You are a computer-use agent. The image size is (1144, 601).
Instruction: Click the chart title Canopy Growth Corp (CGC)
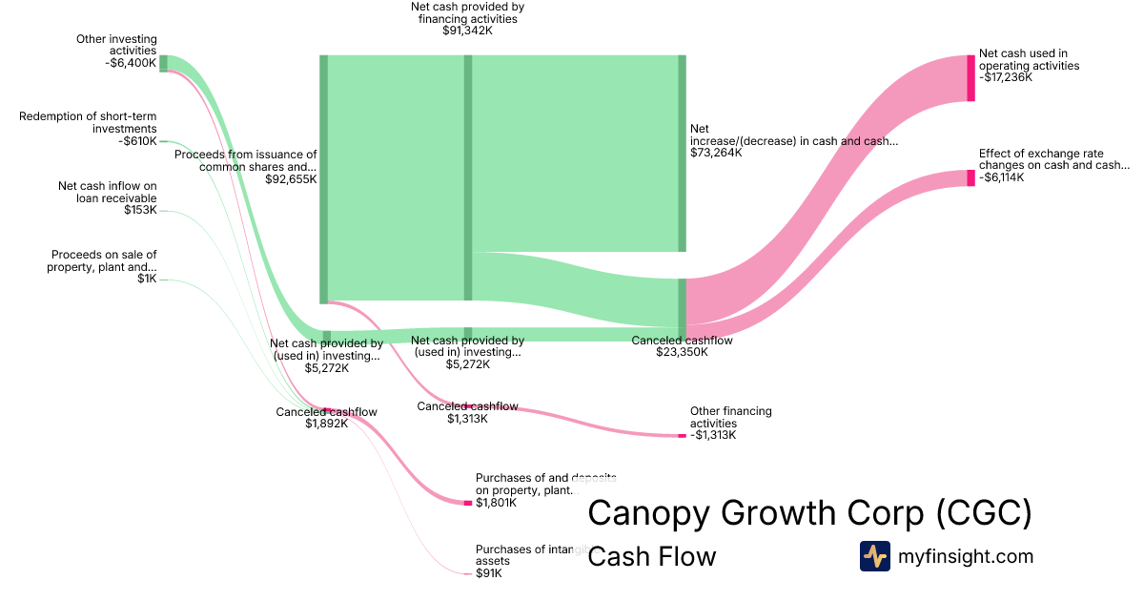809,513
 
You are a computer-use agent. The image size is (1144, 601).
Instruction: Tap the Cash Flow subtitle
651,556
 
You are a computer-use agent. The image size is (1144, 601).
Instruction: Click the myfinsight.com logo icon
874,556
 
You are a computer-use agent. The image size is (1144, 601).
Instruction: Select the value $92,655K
292,178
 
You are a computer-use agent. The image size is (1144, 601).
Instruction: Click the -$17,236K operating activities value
1005,77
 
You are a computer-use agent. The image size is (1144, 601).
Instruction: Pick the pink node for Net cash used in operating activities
970,78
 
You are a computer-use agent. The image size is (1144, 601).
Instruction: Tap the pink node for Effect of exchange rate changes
970,178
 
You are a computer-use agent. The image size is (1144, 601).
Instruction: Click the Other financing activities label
731,417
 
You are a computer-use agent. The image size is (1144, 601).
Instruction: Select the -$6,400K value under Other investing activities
131,63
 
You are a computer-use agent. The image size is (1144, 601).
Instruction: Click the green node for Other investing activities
163,63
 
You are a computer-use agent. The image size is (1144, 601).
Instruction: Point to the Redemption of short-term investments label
88,122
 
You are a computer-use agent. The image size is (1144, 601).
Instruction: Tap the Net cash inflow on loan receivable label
107,192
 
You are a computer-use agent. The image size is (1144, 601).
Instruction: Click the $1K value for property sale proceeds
146,280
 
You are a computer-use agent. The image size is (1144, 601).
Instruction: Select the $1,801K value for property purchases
496,503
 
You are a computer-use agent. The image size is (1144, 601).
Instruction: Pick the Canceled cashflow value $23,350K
682,352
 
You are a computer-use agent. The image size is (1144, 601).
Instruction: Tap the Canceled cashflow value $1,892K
326,424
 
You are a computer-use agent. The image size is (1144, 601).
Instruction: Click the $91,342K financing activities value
467,31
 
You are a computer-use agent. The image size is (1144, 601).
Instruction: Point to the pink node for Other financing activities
682,436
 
